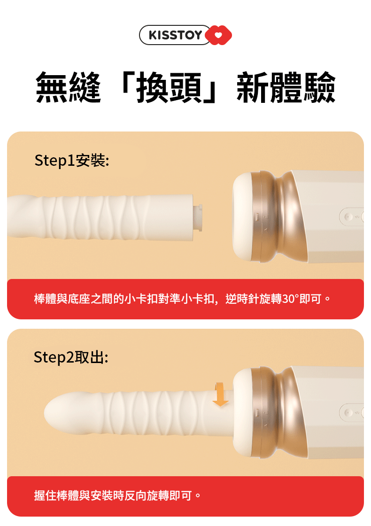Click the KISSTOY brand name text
175,35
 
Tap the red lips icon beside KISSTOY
218,35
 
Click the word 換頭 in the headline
169,87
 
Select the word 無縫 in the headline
68,87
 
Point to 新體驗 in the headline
286,87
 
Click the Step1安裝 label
72,160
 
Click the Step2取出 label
71,357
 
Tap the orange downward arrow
220,394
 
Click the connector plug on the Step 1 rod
198,218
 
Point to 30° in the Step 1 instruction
290,299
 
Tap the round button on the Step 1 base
347,217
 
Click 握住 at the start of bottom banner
45,495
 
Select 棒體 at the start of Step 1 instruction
45,299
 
